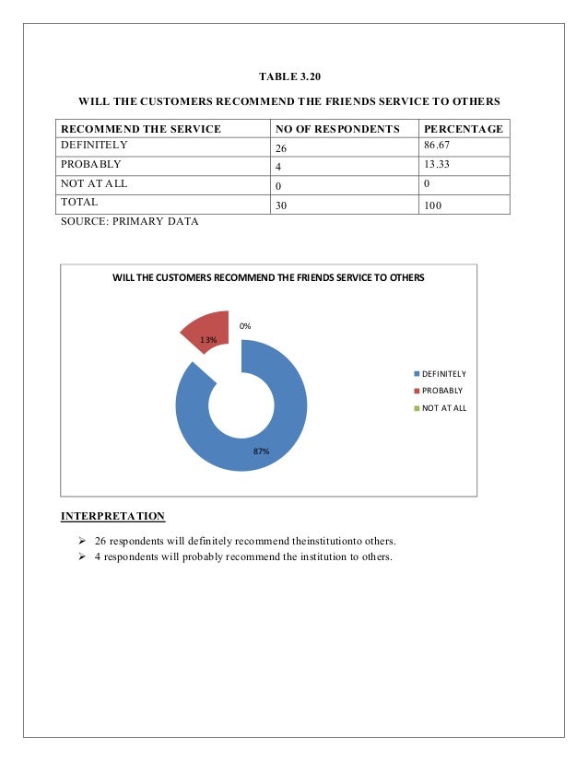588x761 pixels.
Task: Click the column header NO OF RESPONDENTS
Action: point(337,129)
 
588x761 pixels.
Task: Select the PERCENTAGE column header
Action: point(463,129)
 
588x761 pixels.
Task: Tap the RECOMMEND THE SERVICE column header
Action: point(141,129)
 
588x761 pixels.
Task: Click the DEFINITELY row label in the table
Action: point(94,146)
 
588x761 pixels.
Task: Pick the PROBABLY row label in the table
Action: point(90,164)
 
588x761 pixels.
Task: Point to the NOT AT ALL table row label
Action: point(92,182)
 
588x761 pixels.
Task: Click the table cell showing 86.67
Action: point(440,146)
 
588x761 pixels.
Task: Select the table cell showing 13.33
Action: point(440,164)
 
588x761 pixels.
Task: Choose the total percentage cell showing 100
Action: point(433,205)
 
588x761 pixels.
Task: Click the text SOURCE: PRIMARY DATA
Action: point(129,222)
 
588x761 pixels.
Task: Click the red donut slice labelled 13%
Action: point(207,329)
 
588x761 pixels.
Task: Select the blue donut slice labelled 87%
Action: point(276,442)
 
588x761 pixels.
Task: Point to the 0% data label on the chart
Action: point(245,326)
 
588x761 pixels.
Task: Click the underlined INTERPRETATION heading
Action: point(112,516)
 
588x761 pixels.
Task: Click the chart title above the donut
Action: point(268,276)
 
